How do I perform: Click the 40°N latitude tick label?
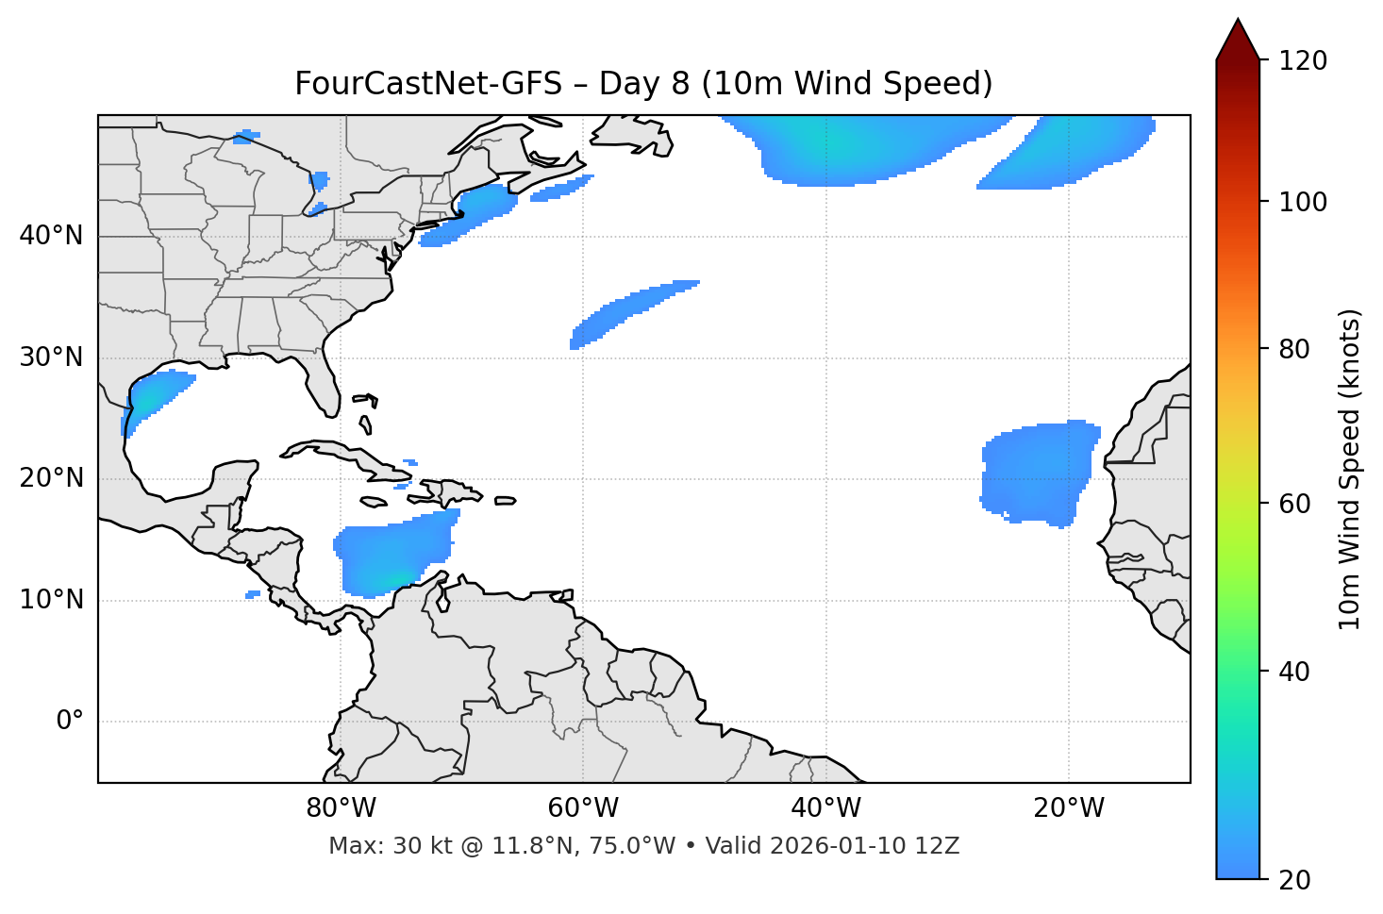51,236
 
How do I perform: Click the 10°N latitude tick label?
51,600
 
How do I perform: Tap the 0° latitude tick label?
70,722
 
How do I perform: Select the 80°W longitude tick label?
341,808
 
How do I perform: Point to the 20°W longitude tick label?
1069,808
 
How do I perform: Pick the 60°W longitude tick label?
583,808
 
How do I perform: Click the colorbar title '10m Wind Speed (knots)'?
1350,469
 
